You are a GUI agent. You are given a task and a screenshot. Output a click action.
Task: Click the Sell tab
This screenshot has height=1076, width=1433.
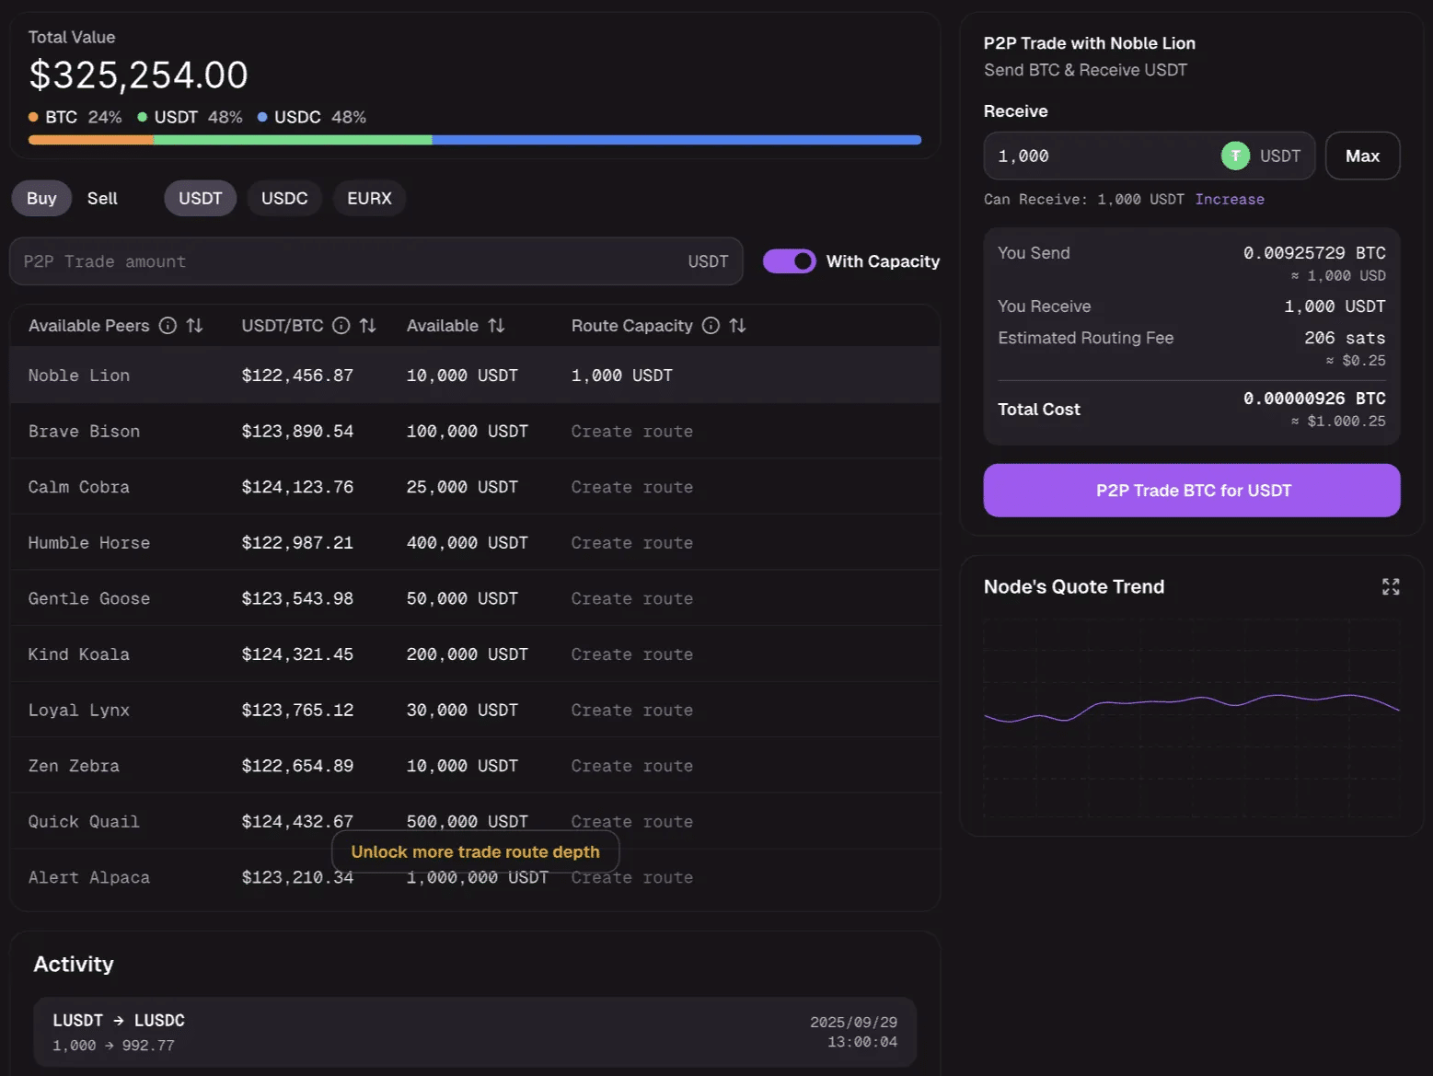(102, 199)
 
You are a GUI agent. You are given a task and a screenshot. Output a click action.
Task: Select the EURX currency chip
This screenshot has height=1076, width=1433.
(369, 199)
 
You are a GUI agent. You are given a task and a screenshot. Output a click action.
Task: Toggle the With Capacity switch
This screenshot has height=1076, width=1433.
(789, 261)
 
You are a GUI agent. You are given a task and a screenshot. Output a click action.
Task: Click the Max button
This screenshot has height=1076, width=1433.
(1362, 156)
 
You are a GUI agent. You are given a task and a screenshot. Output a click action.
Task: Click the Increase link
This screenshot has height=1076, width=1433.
(1230, 200)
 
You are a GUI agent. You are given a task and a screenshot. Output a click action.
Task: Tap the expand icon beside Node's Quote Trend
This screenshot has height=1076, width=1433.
(1391, 587)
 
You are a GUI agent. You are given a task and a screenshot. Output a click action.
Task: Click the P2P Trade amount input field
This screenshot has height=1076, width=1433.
(350, 261)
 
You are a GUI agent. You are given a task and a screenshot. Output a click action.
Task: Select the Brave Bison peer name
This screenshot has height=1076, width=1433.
(84, 432)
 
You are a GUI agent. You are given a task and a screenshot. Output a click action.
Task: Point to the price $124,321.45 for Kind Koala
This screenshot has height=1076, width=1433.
(297, 654)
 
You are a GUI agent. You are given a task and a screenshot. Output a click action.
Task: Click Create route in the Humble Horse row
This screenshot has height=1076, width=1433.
(631, 543)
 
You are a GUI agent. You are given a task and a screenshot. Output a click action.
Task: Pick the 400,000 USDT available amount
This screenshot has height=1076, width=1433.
(467, 543)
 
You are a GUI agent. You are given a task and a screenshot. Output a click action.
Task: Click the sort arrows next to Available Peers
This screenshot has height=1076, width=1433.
(194, 326)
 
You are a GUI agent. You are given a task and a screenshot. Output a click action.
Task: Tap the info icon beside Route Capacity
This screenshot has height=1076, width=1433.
(711, 326)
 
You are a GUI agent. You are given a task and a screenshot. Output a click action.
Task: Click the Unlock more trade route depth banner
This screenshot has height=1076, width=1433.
(475, 852)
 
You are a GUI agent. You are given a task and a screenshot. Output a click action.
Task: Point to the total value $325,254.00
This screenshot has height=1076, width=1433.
(138, 75)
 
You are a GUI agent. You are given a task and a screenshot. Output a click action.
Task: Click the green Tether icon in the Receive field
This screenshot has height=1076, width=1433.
(1235, 156)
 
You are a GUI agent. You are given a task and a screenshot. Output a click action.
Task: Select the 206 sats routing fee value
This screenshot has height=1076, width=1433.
(1344, 339)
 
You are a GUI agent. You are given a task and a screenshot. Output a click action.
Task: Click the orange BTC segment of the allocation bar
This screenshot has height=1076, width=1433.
(90, 140)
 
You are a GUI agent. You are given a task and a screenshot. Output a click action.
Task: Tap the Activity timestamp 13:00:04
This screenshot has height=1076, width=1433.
(861, 1042)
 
